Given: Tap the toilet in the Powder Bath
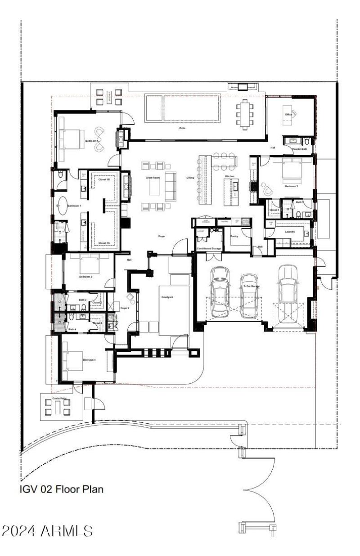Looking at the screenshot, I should [x=306, y=141].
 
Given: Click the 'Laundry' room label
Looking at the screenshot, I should [x=290, y=232].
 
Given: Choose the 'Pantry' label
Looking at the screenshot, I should [x=234, y=235].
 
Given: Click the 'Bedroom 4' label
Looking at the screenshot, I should [x=89, y=360].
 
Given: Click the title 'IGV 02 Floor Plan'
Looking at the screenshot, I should [x=62, y=489].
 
